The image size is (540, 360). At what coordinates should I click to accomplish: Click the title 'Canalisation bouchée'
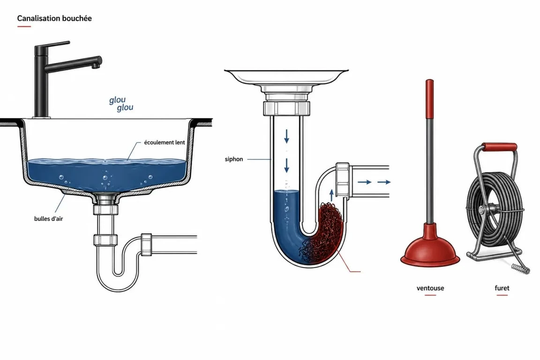54,18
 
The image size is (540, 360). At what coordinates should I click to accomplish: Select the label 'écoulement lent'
165,142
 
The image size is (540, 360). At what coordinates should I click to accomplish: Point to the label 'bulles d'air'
49,219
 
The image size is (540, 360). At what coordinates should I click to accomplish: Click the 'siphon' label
234,159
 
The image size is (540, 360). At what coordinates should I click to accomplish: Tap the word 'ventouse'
430,288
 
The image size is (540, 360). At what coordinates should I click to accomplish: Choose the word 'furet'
502,288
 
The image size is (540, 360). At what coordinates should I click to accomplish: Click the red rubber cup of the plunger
430,246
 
